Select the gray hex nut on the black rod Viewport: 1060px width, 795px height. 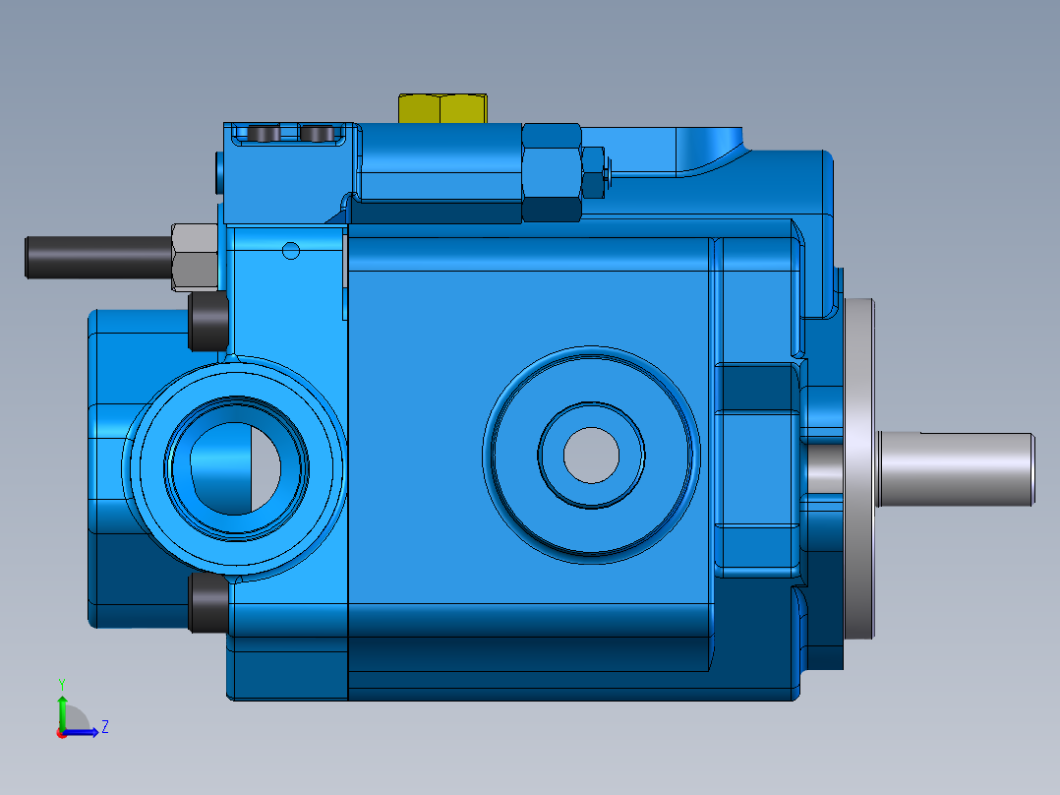click(x=195, y=258)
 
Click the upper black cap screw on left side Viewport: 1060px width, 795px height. click(x=207, y=322)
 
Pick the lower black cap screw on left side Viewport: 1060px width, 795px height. click(x=207, y=603)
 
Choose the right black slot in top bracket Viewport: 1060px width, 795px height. click(x=317, y=133)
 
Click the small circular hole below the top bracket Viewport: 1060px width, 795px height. click(x=291, y=250)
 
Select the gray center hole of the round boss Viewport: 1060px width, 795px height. click(x=591, y=453)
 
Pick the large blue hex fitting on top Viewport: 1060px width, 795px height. click(x=551, y=172)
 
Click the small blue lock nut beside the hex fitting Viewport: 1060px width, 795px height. click(x=594, y=173)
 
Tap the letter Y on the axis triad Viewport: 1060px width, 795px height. click(x=61, y=682)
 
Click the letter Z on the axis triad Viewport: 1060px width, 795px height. click(x=104, y=727)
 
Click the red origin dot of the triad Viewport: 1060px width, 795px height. click(x=61, y=733)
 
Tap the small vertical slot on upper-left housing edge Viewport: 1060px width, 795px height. click(x=218, y=172)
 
